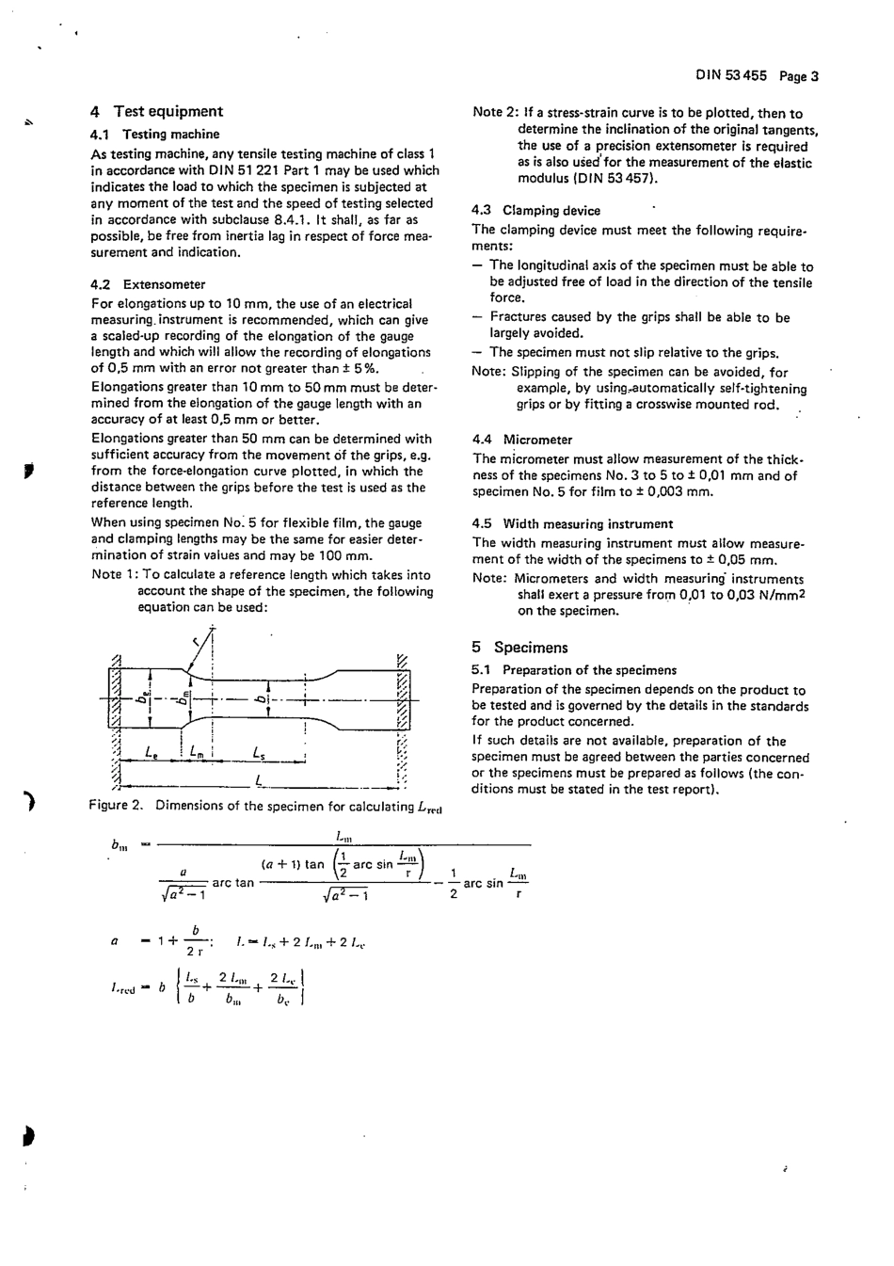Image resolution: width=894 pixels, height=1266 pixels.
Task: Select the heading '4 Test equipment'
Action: pyautogui.click(x=157, y=111)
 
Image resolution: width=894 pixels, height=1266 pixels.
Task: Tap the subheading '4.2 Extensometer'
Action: pyautogui.click(x=148, y=284)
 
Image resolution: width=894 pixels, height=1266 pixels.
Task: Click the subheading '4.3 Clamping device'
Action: pyautogui.click(x=535, y=211)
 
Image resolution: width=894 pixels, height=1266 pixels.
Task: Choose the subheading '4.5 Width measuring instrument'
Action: pyautogui.click(x=572, y=524)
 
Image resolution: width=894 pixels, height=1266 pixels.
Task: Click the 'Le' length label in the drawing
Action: pyautogui.click(x=152, y=751)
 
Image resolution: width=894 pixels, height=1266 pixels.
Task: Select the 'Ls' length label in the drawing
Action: pyautogui.click(x=259, y=751)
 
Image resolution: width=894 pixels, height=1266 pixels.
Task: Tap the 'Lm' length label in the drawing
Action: pyautogui.click(x=197, y=751)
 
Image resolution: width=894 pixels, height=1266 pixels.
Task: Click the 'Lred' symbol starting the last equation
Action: pyautogui.click(x=123, y=987)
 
